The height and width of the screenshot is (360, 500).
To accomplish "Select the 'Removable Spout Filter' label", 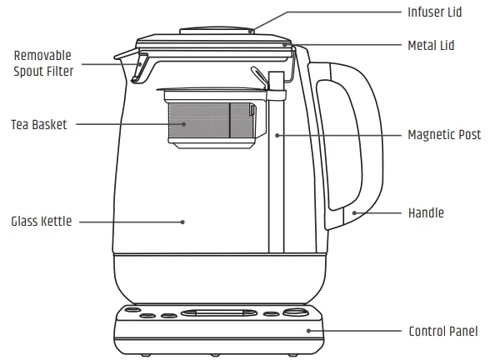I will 43,63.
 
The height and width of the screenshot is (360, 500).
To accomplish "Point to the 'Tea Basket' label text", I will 38,124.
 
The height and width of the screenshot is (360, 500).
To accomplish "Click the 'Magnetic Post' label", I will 444,134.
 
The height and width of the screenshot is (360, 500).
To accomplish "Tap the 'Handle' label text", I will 425,213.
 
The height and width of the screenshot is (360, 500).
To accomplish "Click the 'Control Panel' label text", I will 442,331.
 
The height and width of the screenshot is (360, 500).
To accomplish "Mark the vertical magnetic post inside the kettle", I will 276,183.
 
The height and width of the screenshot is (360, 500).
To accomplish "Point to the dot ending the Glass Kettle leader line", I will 182,222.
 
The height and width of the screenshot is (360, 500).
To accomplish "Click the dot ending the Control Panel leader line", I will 309,331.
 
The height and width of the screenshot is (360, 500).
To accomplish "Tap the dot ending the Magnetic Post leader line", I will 277,134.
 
